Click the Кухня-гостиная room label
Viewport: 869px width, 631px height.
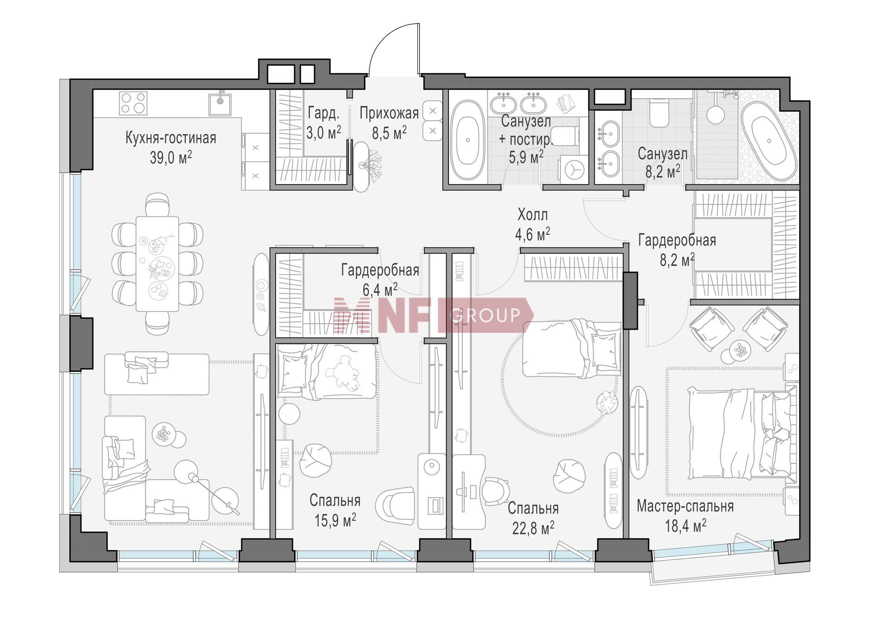pos(171,138)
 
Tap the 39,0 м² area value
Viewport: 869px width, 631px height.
pos(171,157)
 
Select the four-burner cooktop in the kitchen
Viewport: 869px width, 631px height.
pos(134,103)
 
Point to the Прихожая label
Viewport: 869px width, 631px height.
pos(389,113)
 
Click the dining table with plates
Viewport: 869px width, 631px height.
pos(157,263)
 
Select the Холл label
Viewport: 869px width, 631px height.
pos(533,214)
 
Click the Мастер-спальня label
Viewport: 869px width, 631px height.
pos(685,506)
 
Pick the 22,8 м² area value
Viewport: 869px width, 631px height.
pos(533,527)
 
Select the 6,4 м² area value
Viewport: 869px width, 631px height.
pos(380,289)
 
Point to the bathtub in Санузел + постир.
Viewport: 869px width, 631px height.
pos(468,139)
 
